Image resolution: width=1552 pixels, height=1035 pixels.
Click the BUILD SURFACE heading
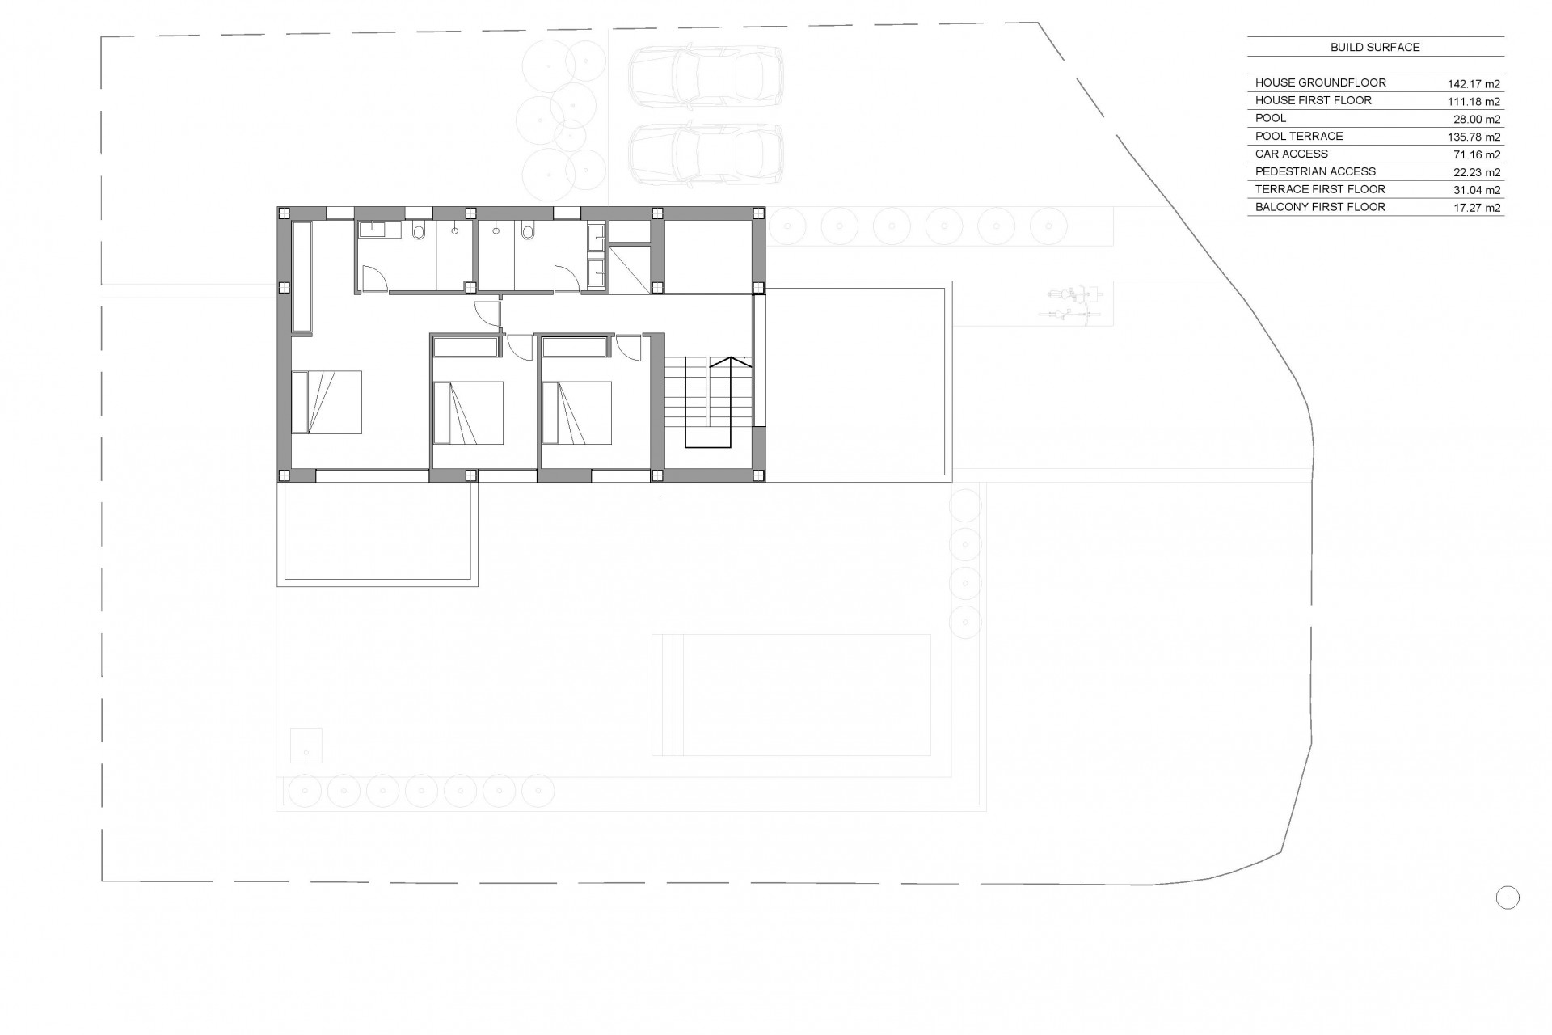tap(1375, 48)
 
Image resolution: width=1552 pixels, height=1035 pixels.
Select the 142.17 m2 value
tap(1473, 83)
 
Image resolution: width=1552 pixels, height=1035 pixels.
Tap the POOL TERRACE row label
tap(1299, 136)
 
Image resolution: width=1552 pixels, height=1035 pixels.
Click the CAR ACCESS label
tap(1292, 154)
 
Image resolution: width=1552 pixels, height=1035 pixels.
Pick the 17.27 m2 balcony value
tap(1476, 208)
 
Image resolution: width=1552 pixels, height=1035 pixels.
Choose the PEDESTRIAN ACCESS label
tap(1315, 171)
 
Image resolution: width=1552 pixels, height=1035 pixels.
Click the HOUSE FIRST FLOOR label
tap(1314, 100)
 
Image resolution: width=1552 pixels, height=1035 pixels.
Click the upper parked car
tap(706, 76)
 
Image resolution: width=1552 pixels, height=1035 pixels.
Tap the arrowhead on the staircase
tap(730, 361)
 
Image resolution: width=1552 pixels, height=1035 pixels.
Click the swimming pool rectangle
tap(791, 695)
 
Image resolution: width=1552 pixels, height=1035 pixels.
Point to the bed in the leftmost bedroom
tap(326, 402)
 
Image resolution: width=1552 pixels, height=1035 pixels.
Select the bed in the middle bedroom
tap(468, 412)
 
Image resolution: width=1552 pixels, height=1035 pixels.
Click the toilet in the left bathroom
tap(419, 233)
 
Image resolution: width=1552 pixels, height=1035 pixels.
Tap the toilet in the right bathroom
tap(528, 232)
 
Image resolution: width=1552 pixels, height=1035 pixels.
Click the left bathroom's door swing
tap(374, 280)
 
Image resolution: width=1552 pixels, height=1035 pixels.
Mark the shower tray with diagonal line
tap(629, 270)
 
